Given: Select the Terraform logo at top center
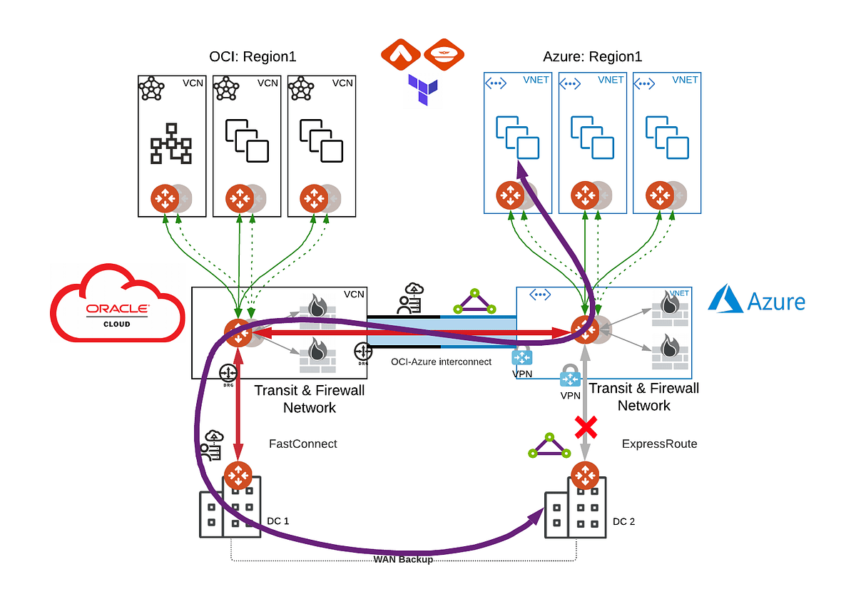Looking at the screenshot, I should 423,89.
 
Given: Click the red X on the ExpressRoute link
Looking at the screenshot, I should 586,428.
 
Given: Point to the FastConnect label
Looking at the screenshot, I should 302,444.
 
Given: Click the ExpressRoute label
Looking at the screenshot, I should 659,444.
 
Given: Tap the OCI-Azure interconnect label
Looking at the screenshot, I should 441,362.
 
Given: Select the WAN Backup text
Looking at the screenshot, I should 403,560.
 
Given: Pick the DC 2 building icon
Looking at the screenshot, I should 576,509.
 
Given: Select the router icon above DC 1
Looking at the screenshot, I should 237,475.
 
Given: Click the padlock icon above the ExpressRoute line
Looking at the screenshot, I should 571,376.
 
